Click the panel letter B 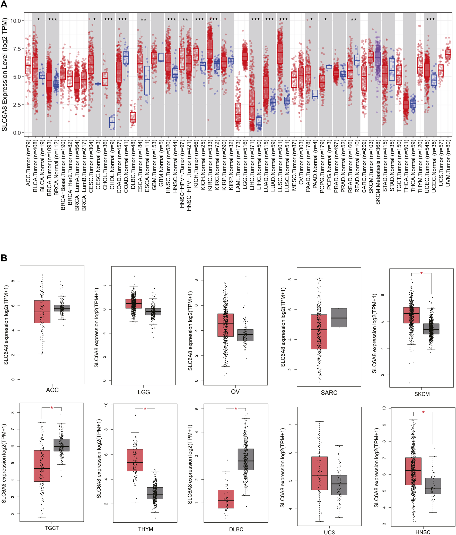(4, 258)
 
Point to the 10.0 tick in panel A (15, 21)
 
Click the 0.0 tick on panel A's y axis (17, 133)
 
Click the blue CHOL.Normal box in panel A (112, 122)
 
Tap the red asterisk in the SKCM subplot (421, 273)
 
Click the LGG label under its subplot (144, 392)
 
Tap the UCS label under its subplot (329, 532)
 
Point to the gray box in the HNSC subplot (433, 486)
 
